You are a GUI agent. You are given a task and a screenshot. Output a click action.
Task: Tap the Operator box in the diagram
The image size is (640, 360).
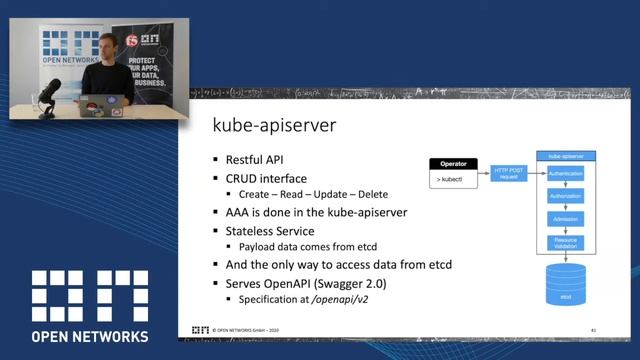[x=455, y=162]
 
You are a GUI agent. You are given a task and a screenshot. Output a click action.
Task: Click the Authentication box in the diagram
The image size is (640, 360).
[x=566, y=174]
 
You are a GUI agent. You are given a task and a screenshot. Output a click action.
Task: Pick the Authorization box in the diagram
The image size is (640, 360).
[x=566, y=196]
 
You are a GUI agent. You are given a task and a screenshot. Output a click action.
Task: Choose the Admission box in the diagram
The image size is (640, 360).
[x=566, y=218]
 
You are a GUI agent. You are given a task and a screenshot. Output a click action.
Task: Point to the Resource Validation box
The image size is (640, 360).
[x=566, y=242]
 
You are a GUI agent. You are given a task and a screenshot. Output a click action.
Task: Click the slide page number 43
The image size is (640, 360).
[x=593, y=329]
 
